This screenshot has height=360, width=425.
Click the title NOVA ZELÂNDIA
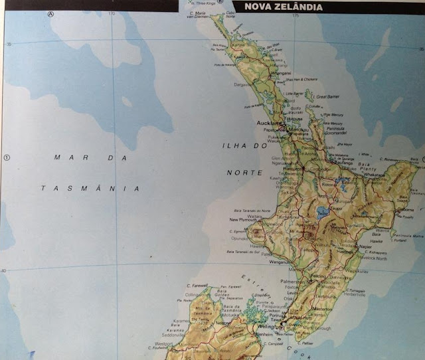tap(284, 7)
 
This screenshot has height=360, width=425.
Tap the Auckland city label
tap(269, 124)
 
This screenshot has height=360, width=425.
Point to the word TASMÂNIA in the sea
tap(90, 188)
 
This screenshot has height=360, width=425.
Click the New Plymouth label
tap(242, 220)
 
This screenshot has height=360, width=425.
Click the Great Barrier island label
tap(327, 96)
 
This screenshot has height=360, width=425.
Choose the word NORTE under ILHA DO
tap(240, 172)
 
